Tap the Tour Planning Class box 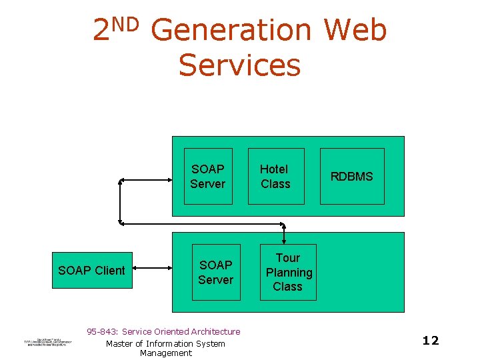[x=288, y=272]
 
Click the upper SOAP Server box [x=208, y=176]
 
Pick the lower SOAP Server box [x=216, y=272]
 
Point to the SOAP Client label [x=91, y=270]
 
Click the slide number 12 [x=431, y=341]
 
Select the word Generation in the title [x=231, y=31]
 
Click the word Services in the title [x=240, y=65]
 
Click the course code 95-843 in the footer [x=103, y=331]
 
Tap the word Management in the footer [x=165, y=353]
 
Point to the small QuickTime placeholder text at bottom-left [x=44, y=341]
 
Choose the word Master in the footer [x=120, y=343]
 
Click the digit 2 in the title [x=101, y=31]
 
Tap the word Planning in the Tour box [x=289, y=272]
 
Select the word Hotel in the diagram [x=273, y=169]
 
